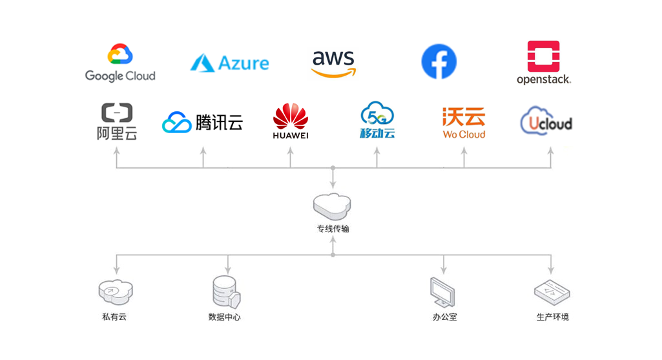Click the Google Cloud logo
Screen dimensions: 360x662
pyautogui.click(x=120, y=63)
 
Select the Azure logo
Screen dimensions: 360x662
pyautogui.click(x=230, y=63)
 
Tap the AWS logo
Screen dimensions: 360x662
pyautogui.click(x=333, y=63)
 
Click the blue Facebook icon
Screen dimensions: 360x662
pyautogui.click(x=439, y=62)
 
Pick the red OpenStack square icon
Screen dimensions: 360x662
pyautogui.click(x=543, y=56)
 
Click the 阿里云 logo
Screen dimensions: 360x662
pyautogui.click(x=117, y=121)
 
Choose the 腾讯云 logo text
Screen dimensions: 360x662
pyautogui.click(x=219, y=122)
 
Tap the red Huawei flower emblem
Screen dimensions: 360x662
pyautogui.click(x=291, y=116)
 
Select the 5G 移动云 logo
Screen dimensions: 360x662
pyautogui.click(x=377, y=120)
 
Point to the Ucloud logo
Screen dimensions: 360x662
pyautogui.click(x=546, y=122)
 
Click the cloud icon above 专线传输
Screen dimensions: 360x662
pyautogui.click(x=333, y=206)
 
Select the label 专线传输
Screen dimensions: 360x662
pyautogui.click(x=333, y=229)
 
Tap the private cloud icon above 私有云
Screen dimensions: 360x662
pyautogui.click(x=115, y=291)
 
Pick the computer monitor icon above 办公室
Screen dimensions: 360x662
pyautogui.click(x=444, y=292)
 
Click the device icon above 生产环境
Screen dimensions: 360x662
pyautogui.click(x=552, y=292)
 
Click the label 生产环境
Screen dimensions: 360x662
pyautogui.click(x=552, y=317)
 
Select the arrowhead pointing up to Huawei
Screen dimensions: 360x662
pyautogui.click(x=290, y=151)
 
